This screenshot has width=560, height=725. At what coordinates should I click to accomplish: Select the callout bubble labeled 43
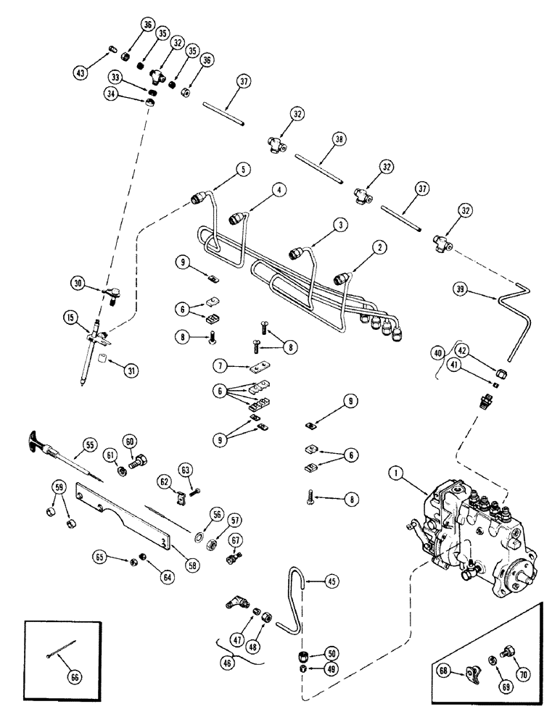click(x=81, y=72)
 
